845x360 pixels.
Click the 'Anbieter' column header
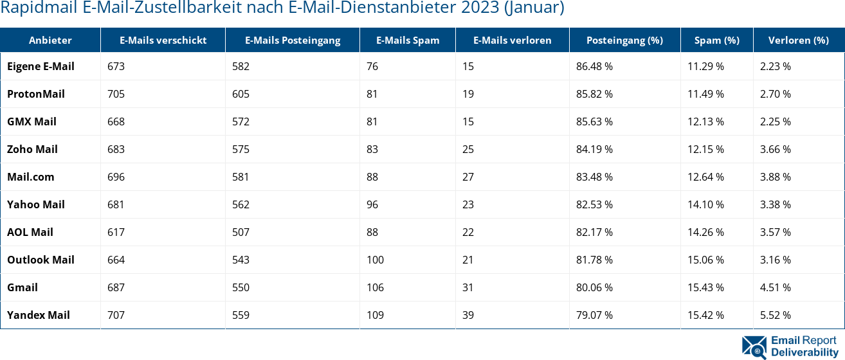(x=50, y=40)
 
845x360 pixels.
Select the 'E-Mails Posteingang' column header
(x=293, y=40)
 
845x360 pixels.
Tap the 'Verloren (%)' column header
(x=798, y=40)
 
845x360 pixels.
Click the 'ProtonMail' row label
(x=36, y=94)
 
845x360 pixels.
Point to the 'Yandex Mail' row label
(x=39, y=315)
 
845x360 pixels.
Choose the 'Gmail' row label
(x=23, y=287)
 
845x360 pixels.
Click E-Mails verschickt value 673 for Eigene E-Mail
(x=116, y=66)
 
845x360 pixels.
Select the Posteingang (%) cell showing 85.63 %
(x=594, y=122)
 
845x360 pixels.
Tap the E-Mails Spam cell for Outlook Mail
(x=375, y=260)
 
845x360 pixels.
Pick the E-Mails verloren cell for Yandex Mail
(x=468, y=315)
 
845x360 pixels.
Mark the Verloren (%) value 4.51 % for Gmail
(x=775, y=287)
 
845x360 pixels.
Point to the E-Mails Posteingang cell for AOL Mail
(x=241, y=232)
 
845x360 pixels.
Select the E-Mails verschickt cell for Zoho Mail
(x=116, y=149)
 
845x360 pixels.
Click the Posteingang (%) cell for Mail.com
(x=594, y=177)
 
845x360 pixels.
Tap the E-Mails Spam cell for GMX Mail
(x=372, y=122)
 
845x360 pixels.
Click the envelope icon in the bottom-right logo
(x=754, y=346)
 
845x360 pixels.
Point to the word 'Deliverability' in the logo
(x=804, y=352)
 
